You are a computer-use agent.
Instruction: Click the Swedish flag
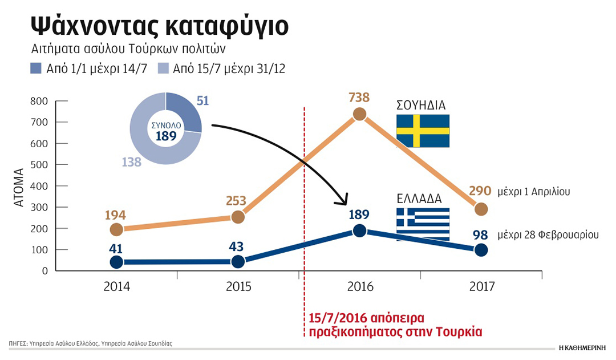pos(423,131)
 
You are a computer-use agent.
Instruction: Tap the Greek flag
pos(423,224)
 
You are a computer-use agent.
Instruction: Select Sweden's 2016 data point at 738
pos(359,114)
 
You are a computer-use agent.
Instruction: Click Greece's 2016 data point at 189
pos(359,230)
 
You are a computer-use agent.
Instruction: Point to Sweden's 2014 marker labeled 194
pos(116,229)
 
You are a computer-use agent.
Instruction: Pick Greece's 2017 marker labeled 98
pos(481,250)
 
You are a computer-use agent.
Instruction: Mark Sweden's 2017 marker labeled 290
pos(481,209)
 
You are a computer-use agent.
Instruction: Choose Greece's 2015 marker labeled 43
pos(238,261)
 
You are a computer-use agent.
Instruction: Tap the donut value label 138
pos(132,162)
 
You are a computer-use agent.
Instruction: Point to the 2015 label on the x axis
pos(238,287)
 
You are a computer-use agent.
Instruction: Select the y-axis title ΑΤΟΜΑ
pos(19,187)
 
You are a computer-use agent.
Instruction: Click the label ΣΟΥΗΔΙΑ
pos(421,106)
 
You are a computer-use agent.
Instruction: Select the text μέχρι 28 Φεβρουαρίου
pos(548,234)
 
